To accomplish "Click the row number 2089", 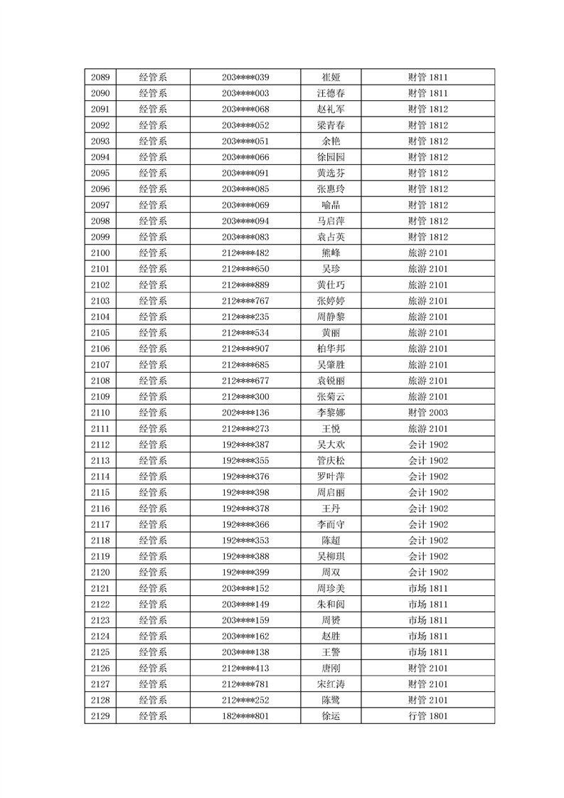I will pos(100,78).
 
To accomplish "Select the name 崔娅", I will pos(331,78).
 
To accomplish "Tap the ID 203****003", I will pos(245,93).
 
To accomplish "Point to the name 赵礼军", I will pos(331,110).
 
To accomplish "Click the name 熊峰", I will pos(331,253).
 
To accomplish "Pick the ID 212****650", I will pos(245,269).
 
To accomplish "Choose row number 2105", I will pos(100,333).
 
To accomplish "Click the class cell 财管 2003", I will pos(427,413).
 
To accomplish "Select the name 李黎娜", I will pos(331,413).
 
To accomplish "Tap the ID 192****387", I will pos(245,445).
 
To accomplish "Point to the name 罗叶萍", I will pos(331,477).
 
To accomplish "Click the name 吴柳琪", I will pos(331,556).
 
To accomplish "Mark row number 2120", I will pos(100,572).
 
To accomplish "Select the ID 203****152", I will pos(245,588).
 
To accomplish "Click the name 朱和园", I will pos(331,604).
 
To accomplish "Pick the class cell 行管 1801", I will pos(427,715).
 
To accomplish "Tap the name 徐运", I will pos(331,715).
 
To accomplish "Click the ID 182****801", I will pos(245,715).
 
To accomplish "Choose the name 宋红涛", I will pos(331,683).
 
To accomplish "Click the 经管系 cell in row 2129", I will pos(153,715).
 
